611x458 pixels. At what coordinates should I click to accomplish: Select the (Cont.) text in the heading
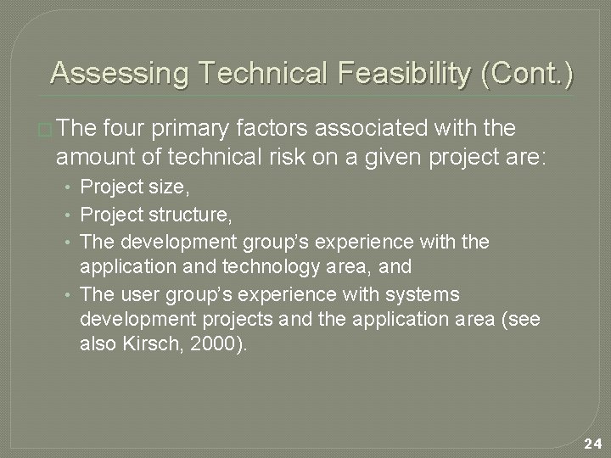526,74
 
